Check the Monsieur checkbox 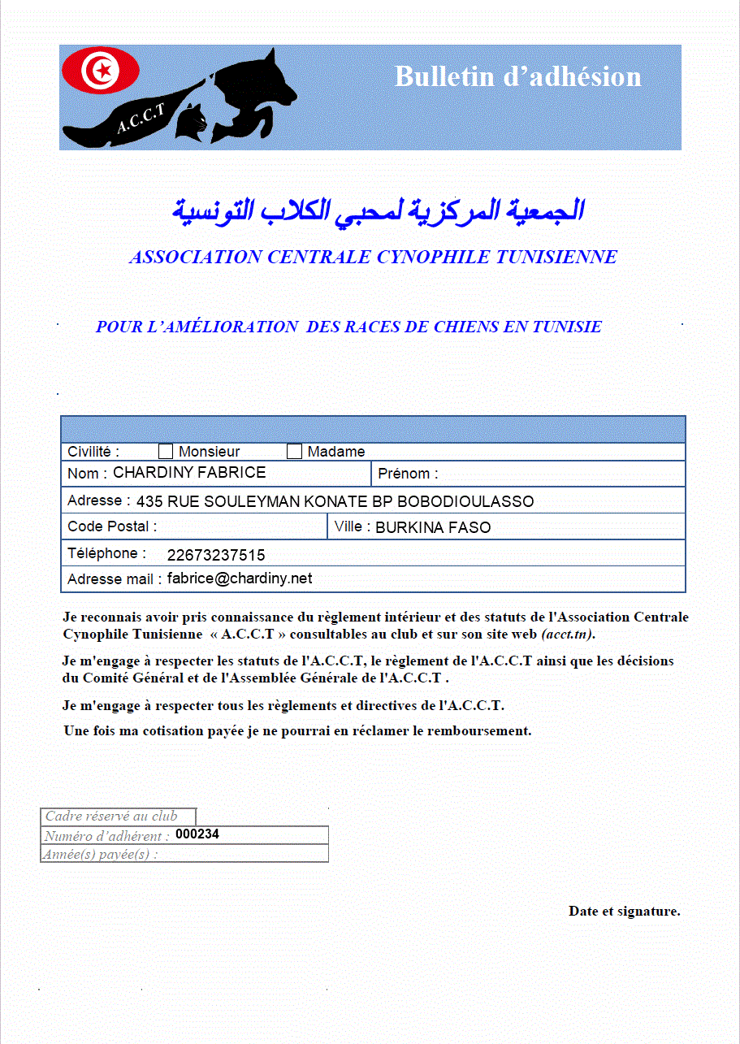[x=166, y=452]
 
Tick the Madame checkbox [x=294, y=452]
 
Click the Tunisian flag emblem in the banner [x=101, y=71]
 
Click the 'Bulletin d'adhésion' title [x=517, y=76]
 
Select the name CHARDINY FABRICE [x=189, y=472]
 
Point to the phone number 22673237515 [x=216, y=556]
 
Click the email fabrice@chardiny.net [x=240, y=578]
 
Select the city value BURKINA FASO [x=433, y=527]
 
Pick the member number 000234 [x=197, y=834]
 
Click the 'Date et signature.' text [x=624, y=911]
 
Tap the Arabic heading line [x=378, y=210]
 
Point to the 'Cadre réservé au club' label [x=111, y=817]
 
